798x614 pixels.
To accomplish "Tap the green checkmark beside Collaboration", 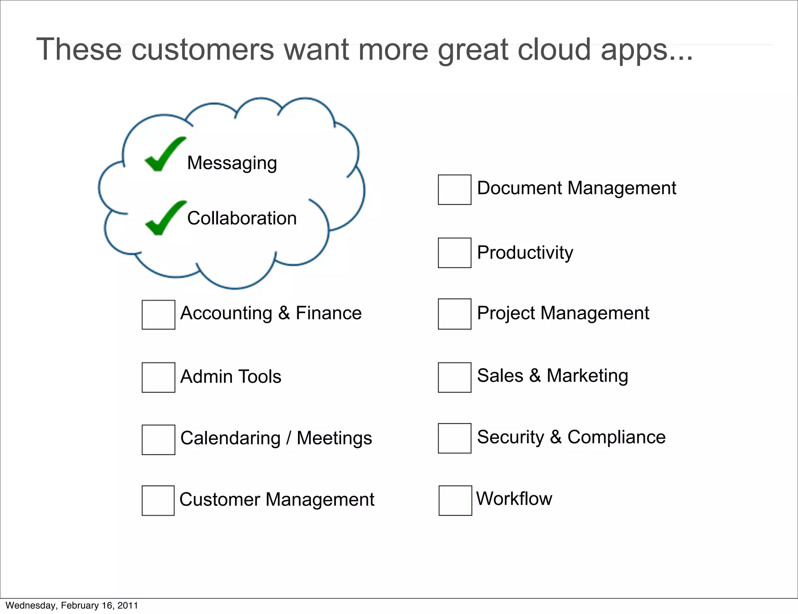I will coord(165,219).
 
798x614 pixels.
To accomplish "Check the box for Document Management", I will coord(454,190).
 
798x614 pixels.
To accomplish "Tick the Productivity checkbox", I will coord(454,253).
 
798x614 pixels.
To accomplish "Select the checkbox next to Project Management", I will coord(454,314).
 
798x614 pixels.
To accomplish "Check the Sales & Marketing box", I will coord(454,377).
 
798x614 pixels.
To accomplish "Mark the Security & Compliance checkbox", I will coord(454,438).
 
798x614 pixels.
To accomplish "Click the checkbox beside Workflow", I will coord(455,501).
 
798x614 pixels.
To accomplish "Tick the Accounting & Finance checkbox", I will coord(158,315).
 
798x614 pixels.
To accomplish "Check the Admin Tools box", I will coord(158,377).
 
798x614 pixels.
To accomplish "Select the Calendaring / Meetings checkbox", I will coord(158,439).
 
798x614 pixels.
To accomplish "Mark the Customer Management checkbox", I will coord(158,501).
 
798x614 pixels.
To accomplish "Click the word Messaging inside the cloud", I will coord(232,163).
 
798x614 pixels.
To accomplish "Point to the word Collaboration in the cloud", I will coord(242,218).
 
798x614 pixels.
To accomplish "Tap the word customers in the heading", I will coord(203,49).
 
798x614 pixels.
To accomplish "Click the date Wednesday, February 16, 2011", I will coord(72,605).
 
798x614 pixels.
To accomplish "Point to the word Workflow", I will coord(514,499).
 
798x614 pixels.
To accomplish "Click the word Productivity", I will coord(525,253).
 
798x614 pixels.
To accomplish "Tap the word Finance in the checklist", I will coord(328,313).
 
